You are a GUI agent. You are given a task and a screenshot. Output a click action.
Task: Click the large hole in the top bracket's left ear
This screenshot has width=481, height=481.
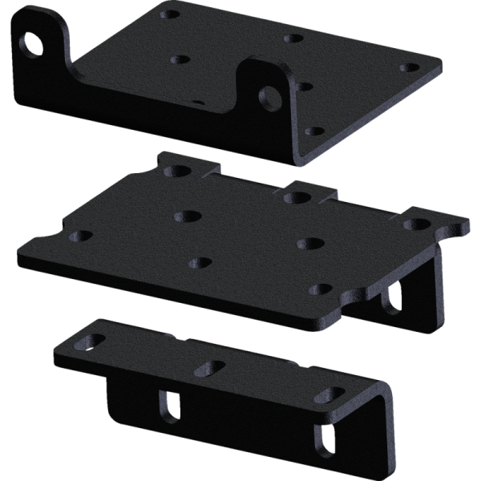[x=34, y=45]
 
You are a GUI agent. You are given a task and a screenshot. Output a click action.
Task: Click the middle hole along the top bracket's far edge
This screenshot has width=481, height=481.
[x=294, y=38]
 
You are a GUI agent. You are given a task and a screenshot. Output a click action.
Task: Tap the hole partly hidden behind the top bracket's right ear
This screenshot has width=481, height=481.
[x=197, y=102]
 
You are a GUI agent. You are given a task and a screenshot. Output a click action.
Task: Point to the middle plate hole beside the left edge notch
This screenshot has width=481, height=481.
[x=80, y=236]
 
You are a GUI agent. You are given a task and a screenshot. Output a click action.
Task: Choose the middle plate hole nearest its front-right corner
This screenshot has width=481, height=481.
[x=321, y=289]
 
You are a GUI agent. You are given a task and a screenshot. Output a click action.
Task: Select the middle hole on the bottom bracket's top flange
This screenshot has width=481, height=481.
[x=209, y=367]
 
